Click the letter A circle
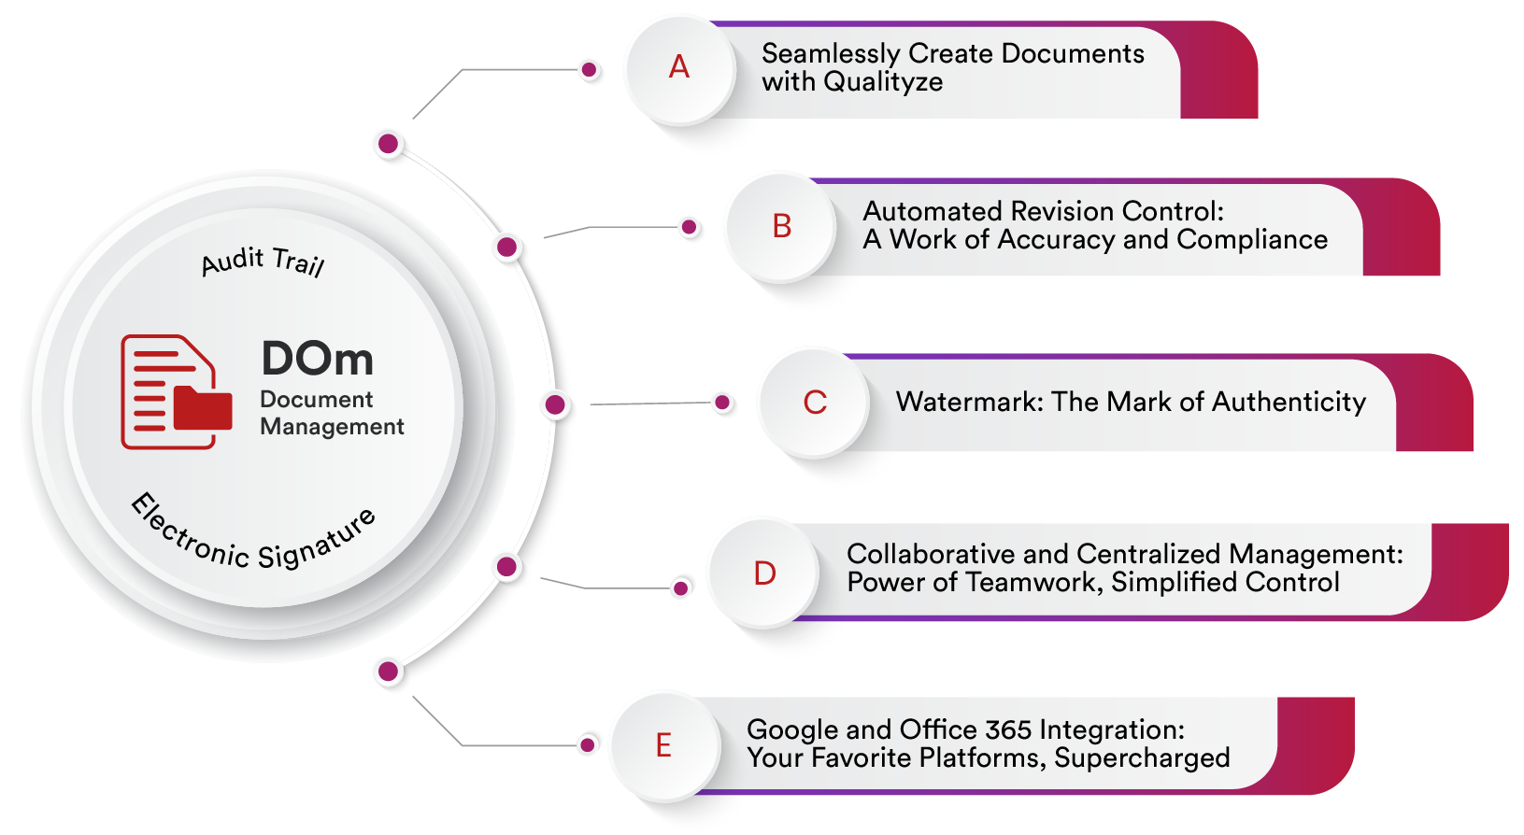679,68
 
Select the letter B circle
782,227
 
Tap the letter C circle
815,403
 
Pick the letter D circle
764,573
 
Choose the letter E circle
663,746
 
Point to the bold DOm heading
317,360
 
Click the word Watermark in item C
969,403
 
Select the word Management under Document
332,427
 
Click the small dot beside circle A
590,70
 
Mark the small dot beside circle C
722,403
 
